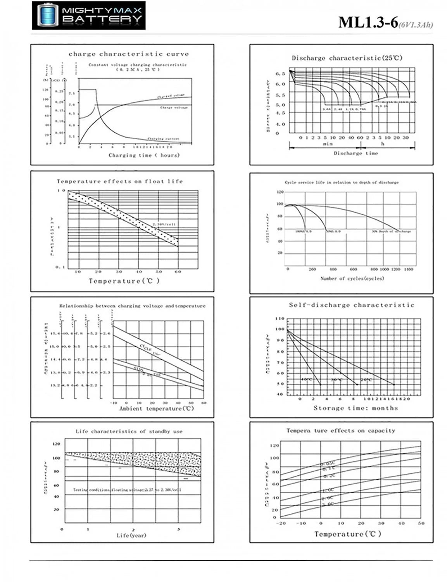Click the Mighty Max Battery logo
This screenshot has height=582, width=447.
click(x=88, y=16)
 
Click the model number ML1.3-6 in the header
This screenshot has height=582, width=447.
click(x=368, y=23)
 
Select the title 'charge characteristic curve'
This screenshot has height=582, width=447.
click(x=129, y=54)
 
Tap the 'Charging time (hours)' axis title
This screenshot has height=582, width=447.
click(x=144, y=155)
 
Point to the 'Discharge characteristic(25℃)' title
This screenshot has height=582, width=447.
click(x=347, y=58)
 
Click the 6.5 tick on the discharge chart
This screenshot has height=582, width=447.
click(x=280, y=73)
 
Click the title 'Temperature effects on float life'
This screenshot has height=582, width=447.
click(x=120, y=181)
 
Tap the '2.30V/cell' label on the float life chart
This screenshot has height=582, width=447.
click(x=164, y=224)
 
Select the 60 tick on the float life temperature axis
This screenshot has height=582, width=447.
click(x=178, y=272)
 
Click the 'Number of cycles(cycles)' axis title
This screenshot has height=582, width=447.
click(x=352, y=278)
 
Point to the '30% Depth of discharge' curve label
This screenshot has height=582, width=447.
click(x=391, y=231)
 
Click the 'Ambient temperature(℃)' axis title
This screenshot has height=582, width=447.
click(x=156, y=409)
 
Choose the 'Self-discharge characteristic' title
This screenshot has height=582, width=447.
click(x=351, y=305)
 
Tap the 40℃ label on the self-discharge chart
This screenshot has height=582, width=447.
click(x=307, y=379)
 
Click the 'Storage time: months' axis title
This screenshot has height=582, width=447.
click(x=356, y=408)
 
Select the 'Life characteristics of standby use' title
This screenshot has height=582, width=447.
click(x=129, y=431)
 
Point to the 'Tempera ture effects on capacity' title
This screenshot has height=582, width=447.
click(x=340, y=431)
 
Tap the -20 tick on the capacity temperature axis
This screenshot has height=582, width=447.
click(x=280, y=523)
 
